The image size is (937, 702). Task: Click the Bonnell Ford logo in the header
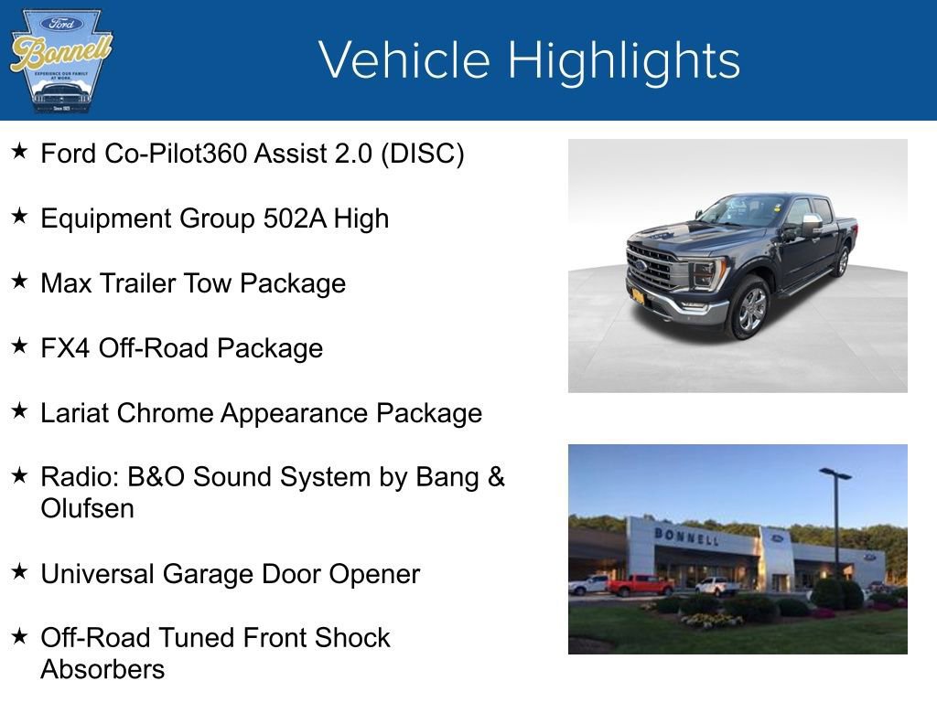[x=60, y=60]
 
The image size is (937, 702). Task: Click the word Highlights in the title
[x=624, y=60]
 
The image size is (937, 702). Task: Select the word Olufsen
[x=87, y=508]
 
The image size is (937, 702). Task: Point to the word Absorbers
[x=102, y=669]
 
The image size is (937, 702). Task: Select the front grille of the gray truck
[x=652, y=266]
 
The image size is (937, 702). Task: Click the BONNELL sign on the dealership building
[x=686, y=537]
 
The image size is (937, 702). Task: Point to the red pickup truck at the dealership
[x=640, y=585]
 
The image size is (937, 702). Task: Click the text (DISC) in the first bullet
[x=423, y=154]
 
